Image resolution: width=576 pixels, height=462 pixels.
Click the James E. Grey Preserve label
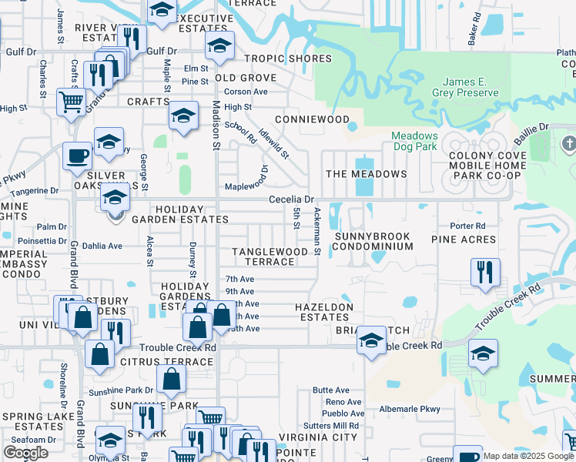tap(471, 88)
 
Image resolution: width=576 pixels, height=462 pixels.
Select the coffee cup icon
tap(77, 156)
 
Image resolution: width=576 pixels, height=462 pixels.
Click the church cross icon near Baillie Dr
tap(569, 144)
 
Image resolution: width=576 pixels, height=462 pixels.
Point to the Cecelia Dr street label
tap(288, 199)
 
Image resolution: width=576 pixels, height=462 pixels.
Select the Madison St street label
tap(216, 124)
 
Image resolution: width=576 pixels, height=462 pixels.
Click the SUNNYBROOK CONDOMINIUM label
tap(373, 240)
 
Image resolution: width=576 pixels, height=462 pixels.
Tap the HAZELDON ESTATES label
tap(324, 312)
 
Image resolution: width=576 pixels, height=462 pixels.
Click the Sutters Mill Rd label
tap(332, 425)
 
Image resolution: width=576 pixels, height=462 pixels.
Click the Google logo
tap(25, 452)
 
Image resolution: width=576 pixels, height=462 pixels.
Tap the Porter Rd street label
tap(468, 226)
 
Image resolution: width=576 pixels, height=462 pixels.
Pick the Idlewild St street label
tap(273, 144)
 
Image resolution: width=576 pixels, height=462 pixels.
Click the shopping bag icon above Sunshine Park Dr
tap(171, 379)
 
